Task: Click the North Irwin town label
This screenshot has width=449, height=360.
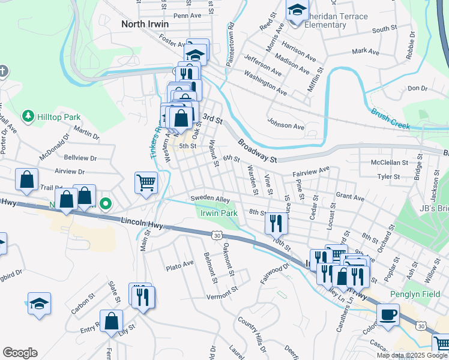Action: coord(145,25)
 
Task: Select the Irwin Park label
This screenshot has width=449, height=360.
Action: coord(219,213)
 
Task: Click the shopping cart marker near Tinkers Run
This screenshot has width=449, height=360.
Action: coord(146,182)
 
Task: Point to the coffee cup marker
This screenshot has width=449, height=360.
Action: coord(388,314)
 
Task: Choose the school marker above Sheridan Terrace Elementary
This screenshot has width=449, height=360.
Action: coord(297,11)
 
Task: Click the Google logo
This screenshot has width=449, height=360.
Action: coord(20,353)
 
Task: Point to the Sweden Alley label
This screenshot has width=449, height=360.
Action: coord(211,199)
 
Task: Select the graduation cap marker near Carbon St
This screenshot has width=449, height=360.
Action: coord(39,303)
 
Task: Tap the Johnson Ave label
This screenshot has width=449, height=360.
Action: coord(286,126)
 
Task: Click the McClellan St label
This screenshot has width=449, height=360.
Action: coord(390,163)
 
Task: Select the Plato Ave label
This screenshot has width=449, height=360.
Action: coord(180,264)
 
